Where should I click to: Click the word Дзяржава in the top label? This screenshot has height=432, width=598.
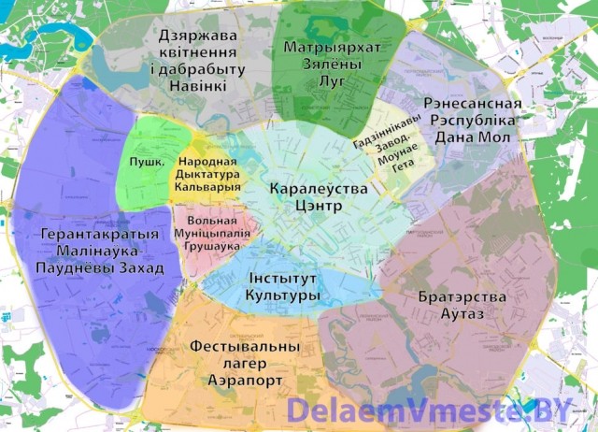point(197,36)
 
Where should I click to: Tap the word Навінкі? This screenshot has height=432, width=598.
point(197,86)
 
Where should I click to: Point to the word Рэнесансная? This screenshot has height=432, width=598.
point(473,103)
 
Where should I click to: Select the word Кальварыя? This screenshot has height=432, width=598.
point(207,186)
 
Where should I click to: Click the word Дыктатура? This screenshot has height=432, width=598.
point(207,173)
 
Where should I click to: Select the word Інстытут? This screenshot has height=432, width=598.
point(282,279)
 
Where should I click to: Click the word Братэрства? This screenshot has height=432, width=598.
point(463,296)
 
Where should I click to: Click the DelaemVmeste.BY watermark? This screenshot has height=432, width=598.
point(428,410)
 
